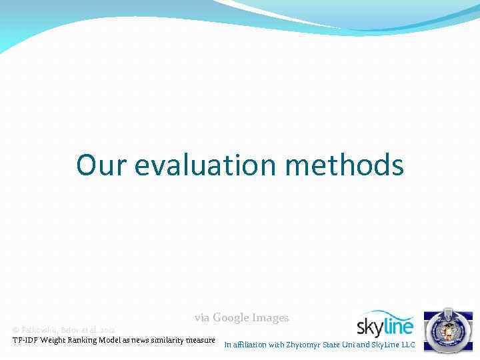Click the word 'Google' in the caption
tap(229, 318)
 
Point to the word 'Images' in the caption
tap(269, 318)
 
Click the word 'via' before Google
tap(202, 318)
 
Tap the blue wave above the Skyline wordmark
tap(387, 315)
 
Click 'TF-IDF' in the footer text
tap(25, 340)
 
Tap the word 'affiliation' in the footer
tap(249, 345)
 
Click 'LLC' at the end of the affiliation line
tap(407, 345)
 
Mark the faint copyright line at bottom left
tap(63, 330)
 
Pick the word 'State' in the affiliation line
tap(331, 345)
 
